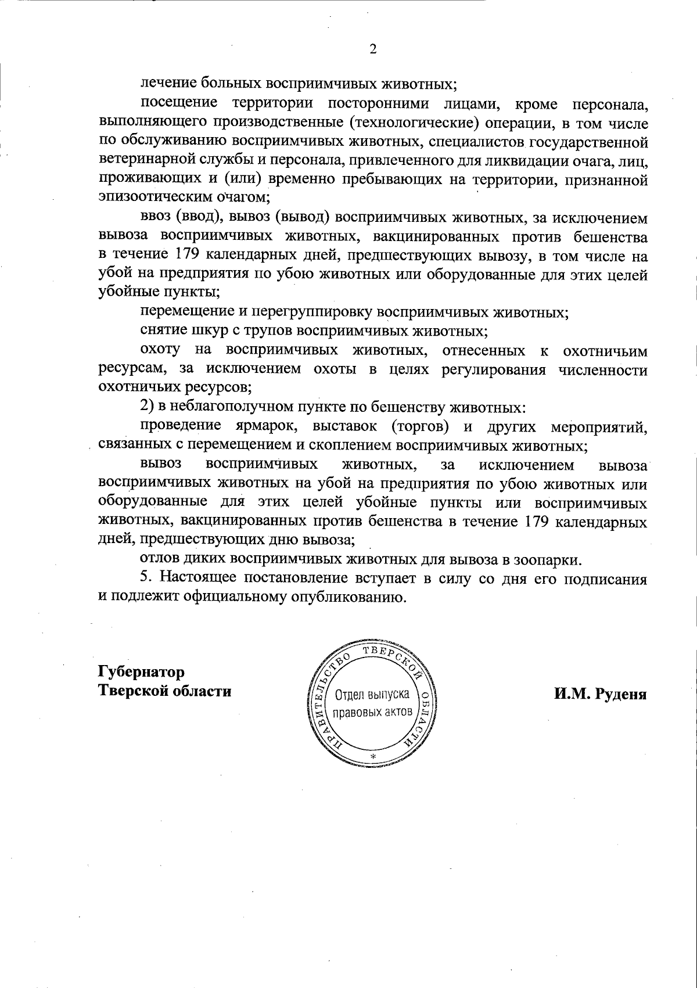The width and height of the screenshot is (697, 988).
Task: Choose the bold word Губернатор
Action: [x=142, y=672]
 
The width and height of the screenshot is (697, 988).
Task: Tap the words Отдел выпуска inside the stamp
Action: [x=372, y=695]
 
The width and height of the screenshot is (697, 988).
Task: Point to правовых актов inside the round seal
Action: [x=372, y=712]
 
